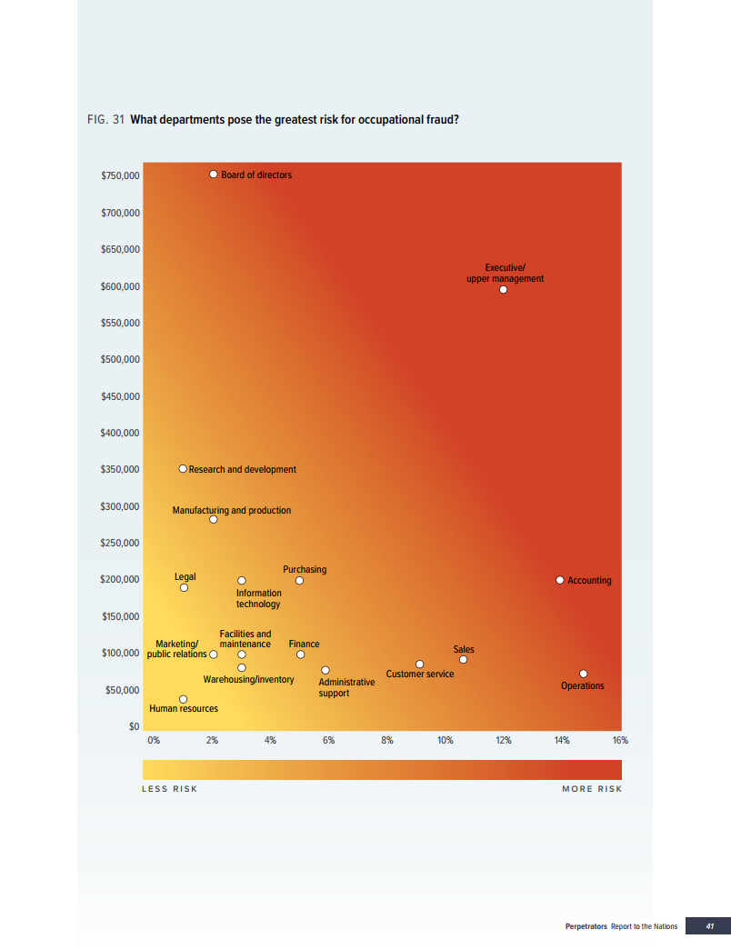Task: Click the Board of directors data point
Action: [214, 174]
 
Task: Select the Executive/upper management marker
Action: [503, 290]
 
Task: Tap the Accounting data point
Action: [560, 580]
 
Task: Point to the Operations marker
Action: [584, 674]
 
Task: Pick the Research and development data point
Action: [183, 469]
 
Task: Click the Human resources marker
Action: [183, 699]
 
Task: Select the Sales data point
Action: [463, 660]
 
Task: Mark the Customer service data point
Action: [420, 664]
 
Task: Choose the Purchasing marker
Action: [299, 581]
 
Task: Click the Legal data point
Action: [184, 587]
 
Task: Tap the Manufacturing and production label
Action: [232, 510]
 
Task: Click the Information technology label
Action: [258, 598]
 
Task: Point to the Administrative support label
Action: [346, 687]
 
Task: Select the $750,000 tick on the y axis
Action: [120, 175]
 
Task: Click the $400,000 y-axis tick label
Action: [120, 433]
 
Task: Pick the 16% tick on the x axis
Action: [620, 741]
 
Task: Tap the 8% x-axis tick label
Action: [387, 741]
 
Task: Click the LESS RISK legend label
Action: [170, 788]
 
